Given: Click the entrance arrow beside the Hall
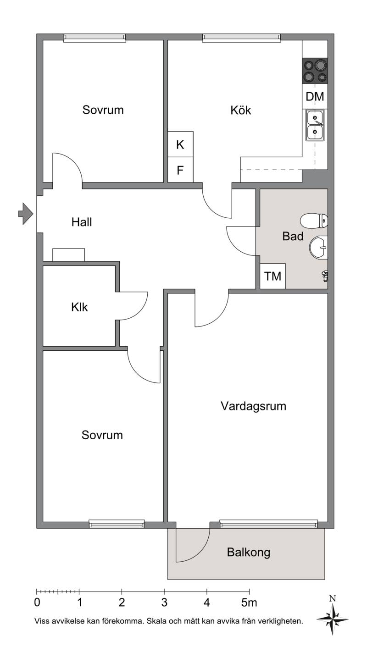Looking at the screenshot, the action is click(x=26, y=214).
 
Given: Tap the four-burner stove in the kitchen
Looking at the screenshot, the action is click(x=315, y=71).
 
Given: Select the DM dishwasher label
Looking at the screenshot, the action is click(x=315, y=96).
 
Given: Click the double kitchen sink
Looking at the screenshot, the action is click(x=315, y=125).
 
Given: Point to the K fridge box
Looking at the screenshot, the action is click(x=180, y=144).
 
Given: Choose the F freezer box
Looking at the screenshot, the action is click(x=180, y=170).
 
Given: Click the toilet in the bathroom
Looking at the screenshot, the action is click(x=314, y=221).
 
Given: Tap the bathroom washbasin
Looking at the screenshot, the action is click(x=318, y=247).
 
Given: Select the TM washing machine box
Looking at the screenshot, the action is click(x=272, y=276).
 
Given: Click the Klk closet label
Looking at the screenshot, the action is click(x=79, y=307).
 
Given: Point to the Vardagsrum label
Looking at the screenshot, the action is click(x=253, y=406).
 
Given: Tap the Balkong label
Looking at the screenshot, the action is click(x=249, y=552).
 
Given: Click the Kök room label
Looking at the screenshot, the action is click(x=240, y=110).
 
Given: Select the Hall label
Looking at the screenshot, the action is click(x=82, y=222).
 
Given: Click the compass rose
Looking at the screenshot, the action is click(x=332, y=619).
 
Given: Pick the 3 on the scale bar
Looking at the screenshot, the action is click(x=164, y=603).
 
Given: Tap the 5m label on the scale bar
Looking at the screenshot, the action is click(x=249, y=603).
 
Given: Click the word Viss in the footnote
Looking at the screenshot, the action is click(x=41, y=621).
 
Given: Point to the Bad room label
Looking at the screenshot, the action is click(x=293, y=236).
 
